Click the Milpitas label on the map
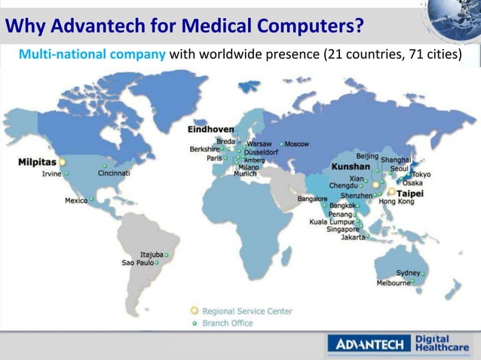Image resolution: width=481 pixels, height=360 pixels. [37, 162]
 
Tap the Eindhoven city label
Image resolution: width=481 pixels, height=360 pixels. [210, 130]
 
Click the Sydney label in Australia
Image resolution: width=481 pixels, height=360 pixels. [408, 272]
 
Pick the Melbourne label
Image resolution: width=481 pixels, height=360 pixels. [394, 283]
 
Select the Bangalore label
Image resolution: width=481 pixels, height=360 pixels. [312, 199]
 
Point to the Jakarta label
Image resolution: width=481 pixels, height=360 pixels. [353, 237]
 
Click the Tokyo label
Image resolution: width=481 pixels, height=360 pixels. [421, 174]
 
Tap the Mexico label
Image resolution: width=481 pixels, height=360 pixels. [75, 200]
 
